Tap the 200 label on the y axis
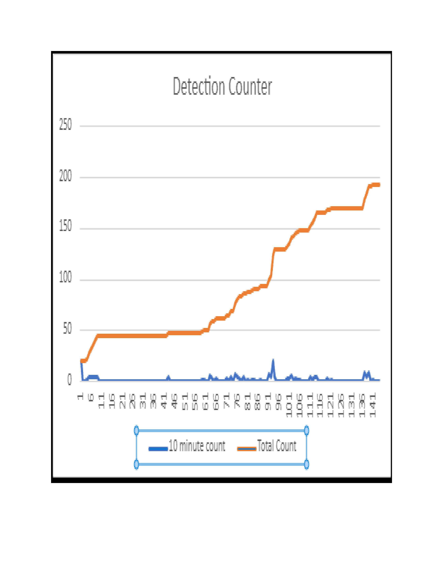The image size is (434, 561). pyautogui.click(x=65, y=177)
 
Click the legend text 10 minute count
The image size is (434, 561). pyautogui.click(x=197, y=446)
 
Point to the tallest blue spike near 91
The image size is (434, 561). pyautogui.click(x=273, y=360)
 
